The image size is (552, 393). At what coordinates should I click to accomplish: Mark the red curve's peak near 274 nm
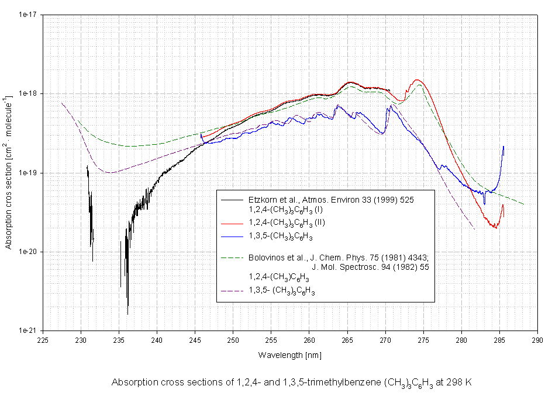click(417, 80)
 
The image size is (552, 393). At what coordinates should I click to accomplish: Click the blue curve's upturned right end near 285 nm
click(503, 147)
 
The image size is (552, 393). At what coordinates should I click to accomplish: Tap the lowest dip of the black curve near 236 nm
click(127, 314)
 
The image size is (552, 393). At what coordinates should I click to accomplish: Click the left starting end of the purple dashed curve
click(61, 103)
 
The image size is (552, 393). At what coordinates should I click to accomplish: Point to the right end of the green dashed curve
click(523, 204)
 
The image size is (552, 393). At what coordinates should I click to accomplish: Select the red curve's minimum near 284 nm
click(496, 227)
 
